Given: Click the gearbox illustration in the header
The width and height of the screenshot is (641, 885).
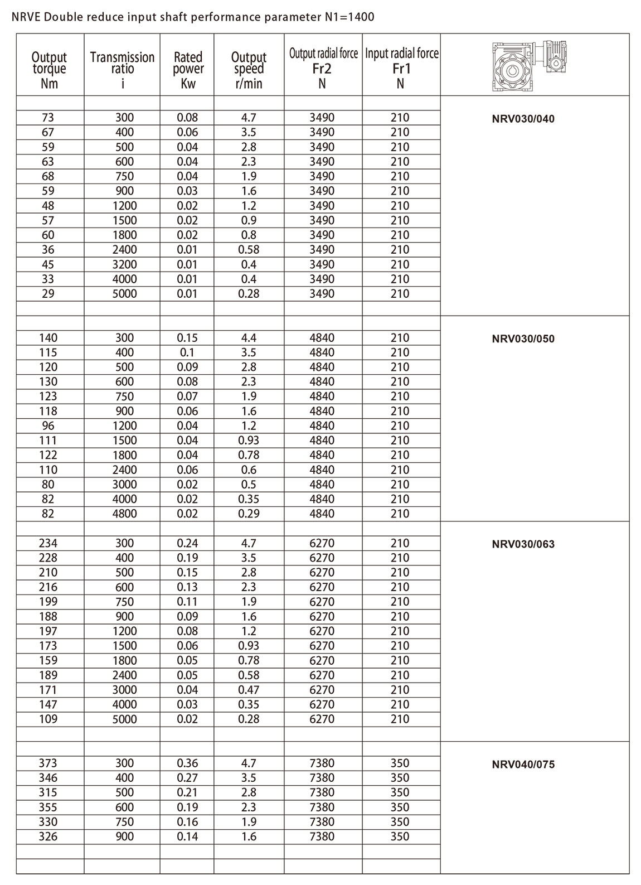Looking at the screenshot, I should click(535, 65).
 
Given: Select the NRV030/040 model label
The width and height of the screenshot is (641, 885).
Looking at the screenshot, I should click(523, 119).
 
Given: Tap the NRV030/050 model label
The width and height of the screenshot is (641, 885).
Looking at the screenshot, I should click(523, 339).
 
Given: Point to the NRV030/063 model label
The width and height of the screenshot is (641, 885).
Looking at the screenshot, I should click(523, 544).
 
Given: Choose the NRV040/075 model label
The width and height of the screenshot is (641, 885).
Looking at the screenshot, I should click(523, 765).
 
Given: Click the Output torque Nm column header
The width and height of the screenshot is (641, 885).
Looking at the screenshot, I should click(49, 70).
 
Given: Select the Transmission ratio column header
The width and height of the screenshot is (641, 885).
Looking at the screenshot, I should click(122, 70).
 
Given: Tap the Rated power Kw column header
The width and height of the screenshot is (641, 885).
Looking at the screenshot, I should click(188, 70).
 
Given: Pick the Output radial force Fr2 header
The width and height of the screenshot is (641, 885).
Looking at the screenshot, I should click(323, 67).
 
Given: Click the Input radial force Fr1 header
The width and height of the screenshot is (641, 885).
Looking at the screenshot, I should click(401, 67).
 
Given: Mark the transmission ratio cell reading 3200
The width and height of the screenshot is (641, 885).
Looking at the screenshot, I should click(124, 264).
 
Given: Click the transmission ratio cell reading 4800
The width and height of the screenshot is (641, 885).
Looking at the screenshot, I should click(124, 514).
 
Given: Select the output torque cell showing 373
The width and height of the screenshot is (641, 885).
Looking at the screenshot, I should click(48, 763).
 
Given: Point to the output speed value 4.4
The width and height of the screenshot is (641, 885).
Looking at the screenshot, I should click(249, 338).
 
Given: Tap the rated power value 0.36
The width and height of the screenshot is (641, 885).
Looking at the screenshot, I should click(187, 763).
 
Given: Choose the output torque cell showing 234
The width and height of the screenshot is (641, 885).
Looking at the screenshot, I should click(48, 543).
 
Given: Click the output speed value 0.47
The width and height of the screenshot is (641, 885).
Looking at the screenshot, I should click(249, 690).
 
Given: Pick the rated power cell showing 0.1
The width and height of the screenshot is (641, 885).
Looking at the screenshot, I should click(187, 352).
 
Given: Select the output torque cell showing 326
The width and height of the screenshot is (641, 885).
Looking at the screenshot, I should click(48, 836).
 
